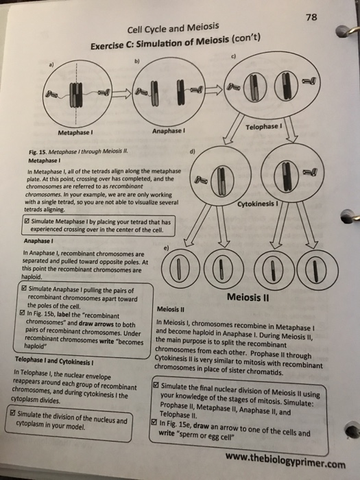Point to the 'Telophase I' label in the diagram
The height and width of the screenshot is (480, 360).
[263, 128]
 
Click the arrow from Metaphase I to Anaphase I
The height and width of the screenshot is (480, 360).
[123, 92]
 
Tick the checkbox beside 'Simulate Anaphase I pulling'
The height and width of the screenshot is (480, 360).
[23, 291]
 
